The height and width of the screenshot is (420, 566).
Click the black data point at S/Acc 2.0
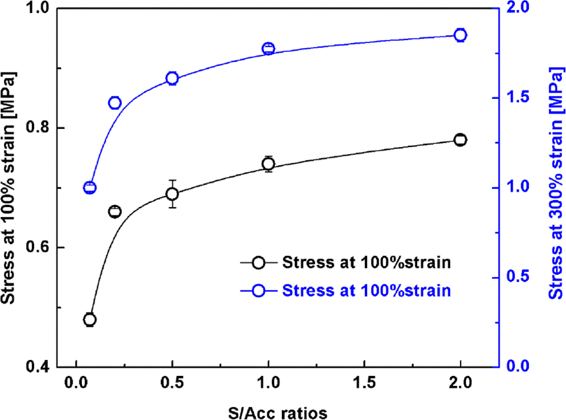pos(460,140)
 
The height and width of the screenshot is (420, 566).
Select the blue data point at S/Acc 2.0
pos(460,35)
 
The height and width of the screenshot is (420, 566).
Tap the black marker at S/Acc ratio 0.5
pos(172,194)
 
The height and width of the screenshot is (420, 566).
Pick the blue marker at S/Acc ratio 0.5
pos(172,78)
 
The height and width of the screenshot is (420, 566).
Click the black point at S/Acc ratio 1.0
pos(268,164)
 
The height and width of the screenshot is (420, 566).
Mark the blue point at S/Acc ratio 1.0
pos(268,48)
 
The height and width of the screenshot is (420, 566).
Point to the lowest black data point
pos(89,319)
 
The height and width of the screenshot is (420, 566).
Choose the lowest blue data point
pos(89,187)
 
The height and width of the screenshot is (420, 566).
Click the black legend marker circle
pos(258,263)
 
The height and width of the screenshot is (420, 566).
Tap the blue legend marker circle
pos(258,291)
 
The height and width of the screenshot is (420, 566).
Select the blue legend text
pos(366,291)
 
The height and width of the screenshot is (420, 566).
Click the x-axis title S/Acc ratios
pos(278,413)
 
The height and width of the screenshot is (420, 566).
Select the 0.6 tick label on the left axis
pos(38,248)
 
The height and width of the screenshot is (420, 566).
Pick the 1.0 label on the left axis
pos(38,8)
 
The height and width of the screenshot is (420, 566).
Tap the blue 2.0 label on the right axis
pos(518,8)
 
